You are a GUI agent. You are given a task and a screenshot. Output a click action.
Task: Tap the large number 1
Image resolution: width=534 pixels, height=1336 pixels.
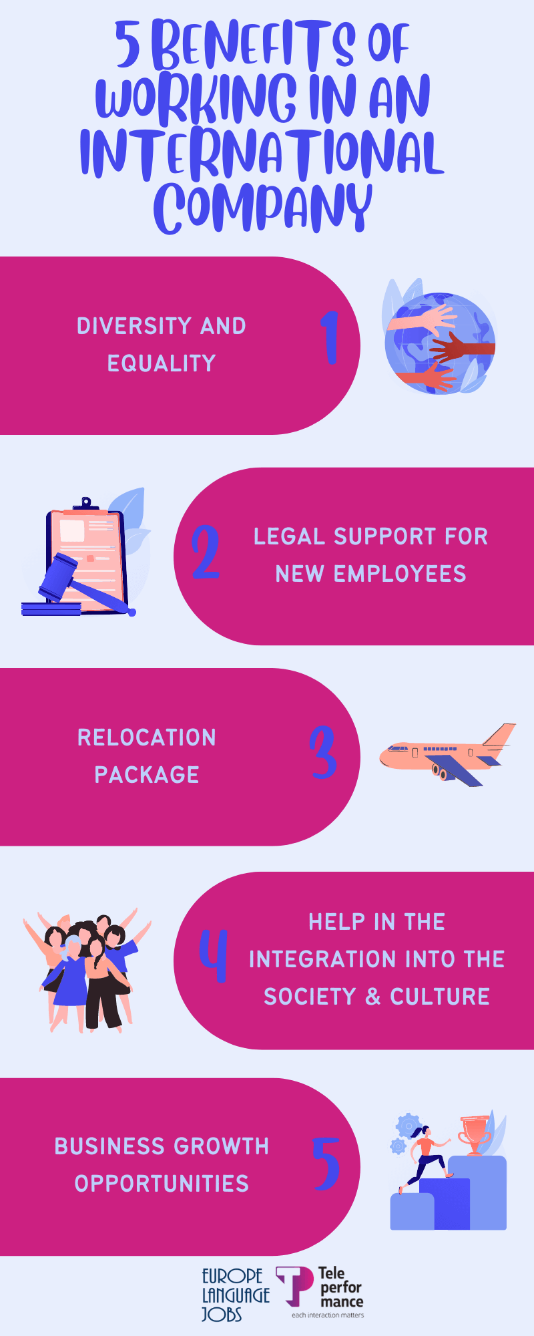click(329, 337)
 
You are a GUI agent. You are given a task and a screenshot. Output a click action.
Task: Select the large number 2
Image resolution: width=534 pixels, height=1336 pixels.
click(206, 552)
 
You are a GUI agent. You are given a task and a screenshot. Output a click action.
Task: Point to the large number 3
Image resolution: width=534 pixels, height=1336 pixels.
click(323, 752)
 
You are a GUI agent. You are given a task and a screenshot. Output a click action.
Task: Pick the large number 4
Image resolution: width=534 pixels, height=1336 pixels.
click(214, 956)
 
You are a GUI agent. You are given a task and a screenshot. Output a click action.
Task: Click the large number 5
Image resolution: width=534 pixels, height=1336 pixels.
click(326, 1164)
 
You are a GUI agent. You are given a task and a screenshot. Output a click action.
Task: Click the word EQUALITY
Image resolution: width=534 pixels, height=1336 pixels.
click(162, 363)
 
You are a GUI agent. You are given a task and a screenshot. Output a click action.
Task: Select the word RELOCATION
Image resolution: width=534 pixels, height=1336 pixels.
click(147, 737)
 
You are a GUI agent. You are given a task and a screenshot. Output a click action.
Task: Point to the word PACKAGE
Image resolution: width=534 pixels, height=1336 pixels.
click(147, 775)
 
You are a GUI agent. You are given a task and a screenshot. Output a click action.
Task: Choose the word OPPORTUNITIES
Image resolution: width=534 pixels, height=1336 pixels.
click(162, 1184)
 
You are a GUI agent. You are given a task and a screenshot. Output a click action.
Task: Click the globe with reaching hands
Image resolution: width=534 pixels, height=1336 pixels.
click(440, 342)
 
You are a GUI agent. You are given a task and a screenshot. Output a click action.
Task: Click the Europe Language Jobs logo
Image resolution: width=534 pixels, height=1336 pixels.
click(236, 1295)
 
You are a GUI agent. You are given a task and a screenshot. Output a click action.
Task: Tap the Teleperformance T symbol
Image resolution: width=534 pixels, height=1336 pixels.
click(294, 1286)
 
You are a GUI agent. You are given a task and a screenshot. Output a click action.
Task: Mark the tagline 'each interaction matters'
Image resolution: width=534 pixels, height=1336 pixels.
click(328, 1315)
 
